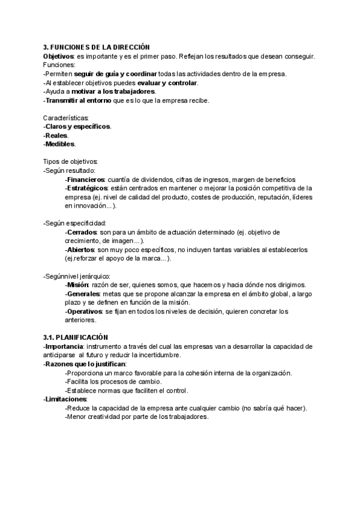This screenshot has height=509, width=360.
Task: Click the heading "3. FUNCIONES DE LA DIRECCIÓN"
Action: click(x=96, y=47)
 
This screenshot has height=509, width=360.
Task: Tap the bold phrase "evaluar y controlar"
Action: click(x=167, y=83)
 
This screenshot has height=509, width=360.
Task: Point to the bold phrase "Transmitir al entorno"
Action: click(x=77, y=100)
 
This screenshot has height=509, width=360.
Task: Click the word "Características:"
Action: click(x=66, y=118)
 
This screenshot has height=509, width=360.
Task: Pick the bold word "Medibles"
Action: click(x=60, y=144)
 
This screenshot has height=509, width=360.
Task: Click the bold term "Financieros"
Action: click(x=86, y=179)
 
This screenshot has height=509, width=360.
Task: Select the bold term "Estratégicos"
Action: click(x=88, y=188)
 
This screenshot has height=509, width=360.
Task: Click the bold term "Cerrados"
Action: click(x=82, y=232)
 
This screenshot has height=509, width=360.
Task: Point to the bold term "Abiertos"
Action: click(x=81, y=249)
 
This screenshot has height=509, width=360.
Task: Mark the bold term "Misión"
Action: click(x=78, y=285)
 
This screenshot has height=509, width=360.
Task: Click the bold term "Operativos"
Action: click(x=85, y=311)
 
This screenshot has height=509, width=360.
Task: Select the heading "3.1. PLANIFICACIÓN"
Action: click(x=76, y=337)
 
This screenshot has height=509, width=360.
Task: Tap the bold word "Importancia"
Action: click(x=64, y=346)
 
